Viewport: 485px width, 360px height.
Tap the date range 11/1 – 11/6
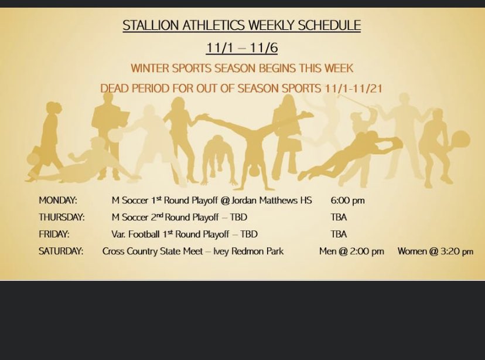[241, 48]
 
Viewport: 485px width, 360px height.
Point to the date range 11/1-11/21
[353, 89]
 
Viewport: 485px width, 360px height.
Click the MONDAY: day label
[58, 201]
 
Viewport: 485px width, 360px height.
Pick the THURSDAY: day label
[62, 218]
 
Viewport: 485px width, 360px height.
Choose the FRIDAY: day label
[54, 235]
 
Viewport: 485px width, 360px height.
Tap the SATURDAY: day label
[61, 252]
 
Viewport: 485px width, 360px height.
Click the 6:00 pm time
[347, 201]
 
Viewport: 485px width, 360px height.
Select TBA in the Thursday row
[339, 218]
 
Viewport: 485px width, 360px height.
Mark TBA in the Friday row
[339, 235]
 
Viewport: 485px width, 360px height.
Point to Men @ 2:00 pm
[351, 252]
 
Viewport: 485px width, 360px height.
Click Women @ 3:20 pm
[435, 252]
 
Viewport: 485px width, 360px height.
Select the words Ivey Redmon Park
[248, 252]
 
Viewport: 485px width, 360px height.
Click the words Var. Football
[135, 235]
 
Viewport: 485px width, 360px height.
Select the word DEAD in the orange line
[114, 89]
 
